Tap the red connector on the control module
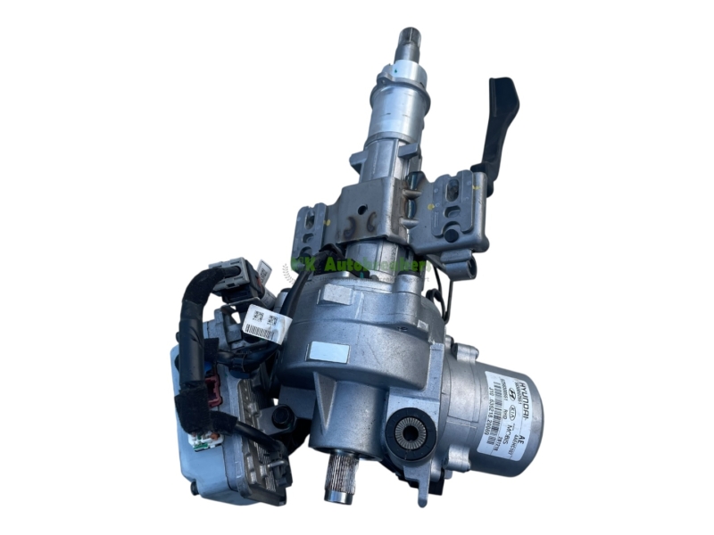tap(215, 390)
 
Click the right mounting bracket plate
tap(454, 214)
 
